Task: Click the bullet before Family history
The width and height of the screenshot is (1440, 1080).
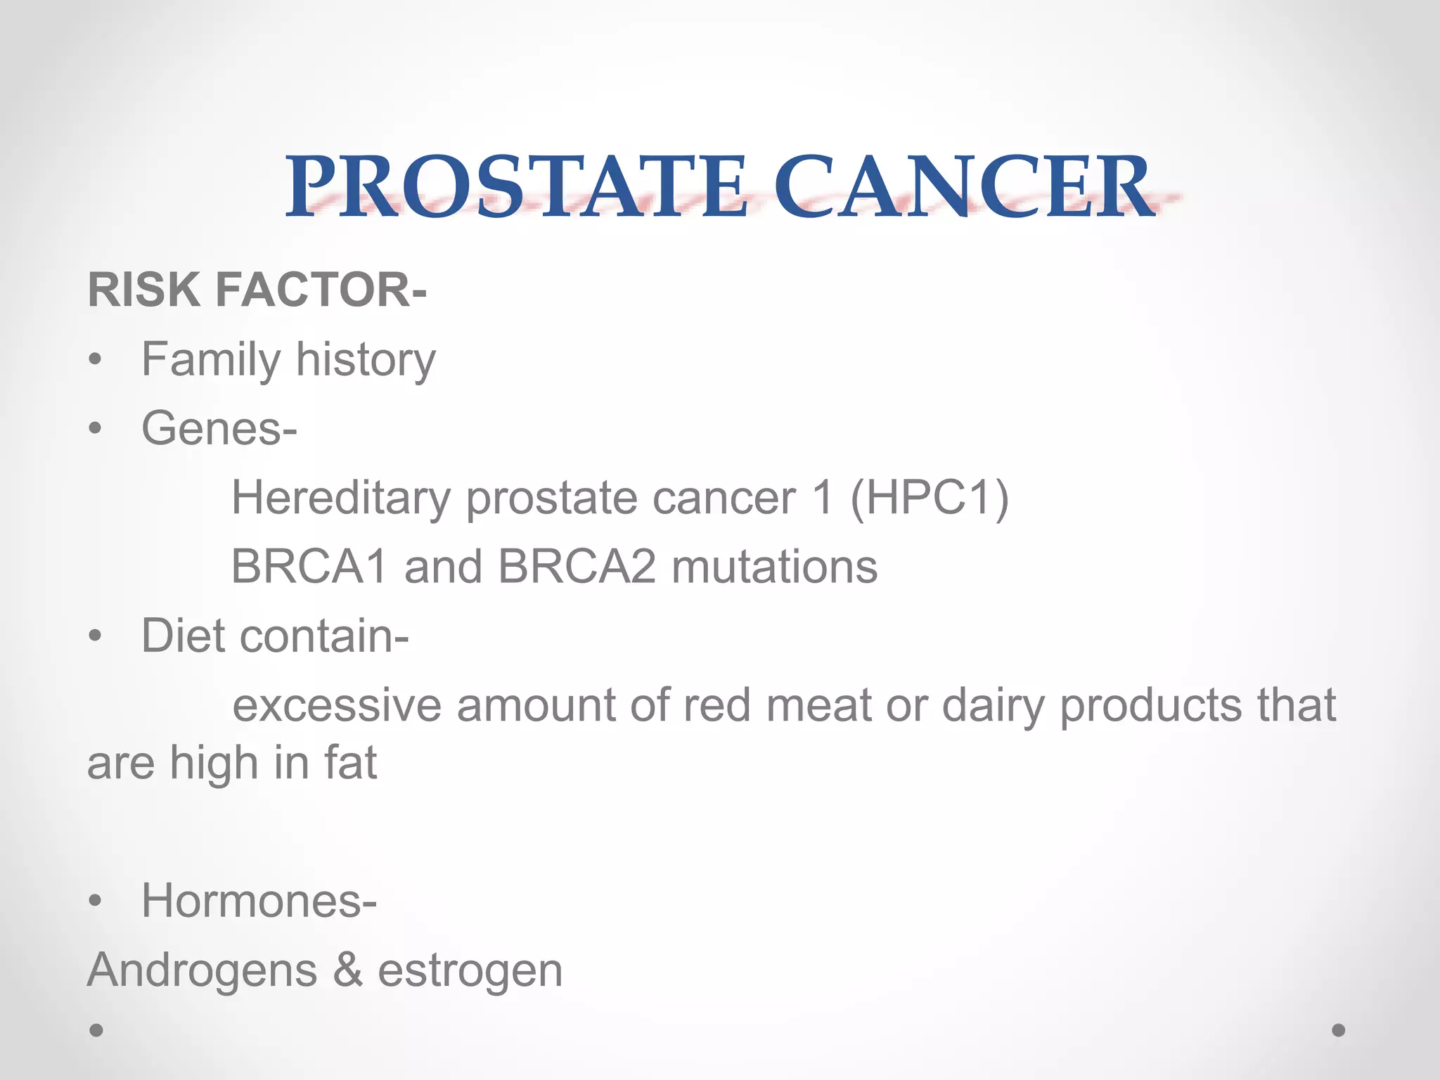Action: click(96, 361)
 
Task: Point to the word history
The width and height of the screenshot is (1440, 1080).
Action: click(365, 361)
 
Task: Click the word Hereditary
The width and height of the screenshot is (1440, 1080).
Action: click(341, 498)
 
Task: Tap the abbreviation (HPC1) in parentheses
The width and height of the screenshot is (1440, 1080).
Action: click(930, 498)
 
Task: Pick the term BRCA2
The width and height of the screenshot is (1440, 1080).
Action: click(577, 567)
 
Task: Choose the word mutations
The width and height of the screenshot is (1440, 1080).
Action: click(774, 567)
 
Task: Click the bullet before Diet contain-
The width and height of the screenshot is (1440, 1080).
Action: click(96, 636)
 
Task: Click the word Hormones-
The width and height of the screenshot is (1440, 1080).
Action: click(259, 901)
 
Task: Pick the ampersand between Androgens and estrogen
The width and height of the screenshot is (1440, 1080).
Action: click(347, 970)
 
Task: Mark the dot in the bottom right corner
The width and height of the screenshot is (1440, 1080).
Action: click(1338, 1030)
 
